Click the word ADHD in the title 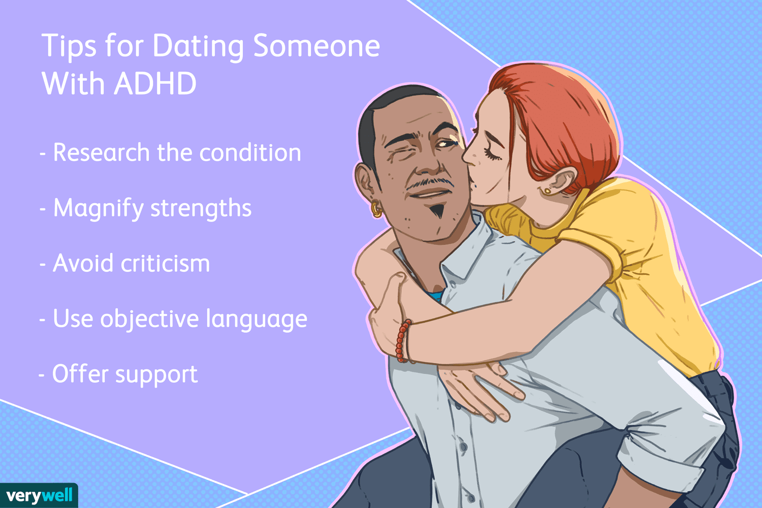(155, 83)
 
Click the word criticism (165, 263)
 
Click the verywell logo (39, 495)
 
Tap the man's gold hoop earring (376, 209)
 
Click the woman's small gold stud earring (547, 191)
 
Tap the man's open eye (446, 144)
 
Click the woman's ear (561, 181)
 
